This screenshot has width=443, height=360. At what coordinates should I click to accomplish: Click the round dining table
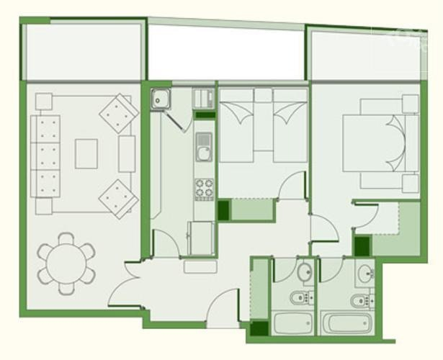[66, 263]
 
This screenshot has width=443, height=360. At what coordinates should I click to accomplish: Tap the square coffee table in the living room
[86, 153]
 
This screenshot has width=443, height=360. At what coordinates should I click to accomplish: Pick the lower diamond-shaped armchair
[117, 197]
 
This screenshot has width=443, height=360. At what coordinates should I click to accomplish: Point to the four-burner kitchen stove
[204, 189]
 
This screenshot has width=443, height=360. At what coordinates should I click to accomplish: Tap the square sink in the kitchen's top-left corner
[160, 99]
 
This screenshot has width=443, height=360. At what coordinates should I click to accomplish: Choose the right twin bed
[290, 130]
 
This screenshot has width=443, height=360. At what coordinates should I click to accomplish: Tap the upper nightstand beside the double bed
[411, 103]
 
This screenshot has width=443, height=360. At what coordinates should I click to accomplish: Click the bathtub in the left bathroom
[292, 323]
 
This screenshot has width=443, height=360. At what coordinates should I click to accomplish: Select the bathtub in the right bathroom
[347, 323]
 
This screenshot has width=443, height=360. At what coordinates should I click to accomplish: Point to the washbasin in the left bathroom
[305, 272]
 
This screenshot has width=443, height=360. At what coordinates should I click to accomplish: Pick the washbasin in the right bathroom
[367, 273]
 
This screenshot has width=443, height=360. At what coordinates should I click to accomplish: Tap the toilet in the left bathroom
[297, 298]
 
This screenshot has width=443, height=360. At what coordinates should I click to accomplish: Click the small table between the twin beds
[263, 95]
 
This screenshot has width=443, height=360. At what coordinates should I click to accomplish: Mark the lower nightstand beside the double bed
[411, 184]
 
